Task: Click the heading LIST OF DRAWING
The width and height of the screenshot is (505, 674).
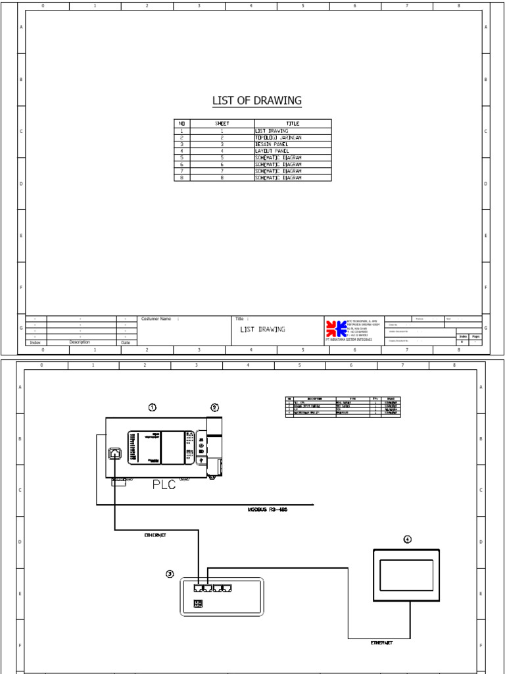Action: point(256,101)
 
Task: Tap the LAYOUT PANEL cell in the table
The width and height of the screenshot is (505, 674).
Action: point(272,151)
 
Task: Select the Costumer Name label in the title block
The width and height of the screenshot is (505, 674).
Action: point(157,319)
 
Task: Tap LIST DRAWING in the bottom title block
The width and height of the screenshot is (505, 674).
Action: point(262,329)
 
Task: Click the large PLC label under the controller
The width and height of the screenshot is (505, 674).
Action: point(164,486)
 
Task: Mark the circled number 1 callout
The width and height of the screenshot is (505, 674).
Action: point(153,407)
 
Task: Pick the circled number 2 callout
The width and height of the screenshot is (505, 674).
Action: point(214,407)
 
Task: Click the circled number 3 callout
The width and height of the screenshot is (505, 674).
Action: point(170,574)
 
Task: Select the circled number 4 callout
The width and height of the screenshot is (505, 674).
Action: point(408,539)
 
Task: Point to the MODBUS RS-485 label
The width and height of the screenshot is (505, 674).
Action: point(268,509)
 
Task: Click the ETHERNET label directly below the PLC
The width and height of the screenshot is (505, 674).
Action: point(155,535)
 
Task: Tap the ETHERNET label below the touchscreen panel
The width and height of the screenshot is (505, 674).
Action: point(381,642)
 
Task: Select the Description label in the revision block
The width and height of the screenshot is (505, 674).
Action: point(80,342)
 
